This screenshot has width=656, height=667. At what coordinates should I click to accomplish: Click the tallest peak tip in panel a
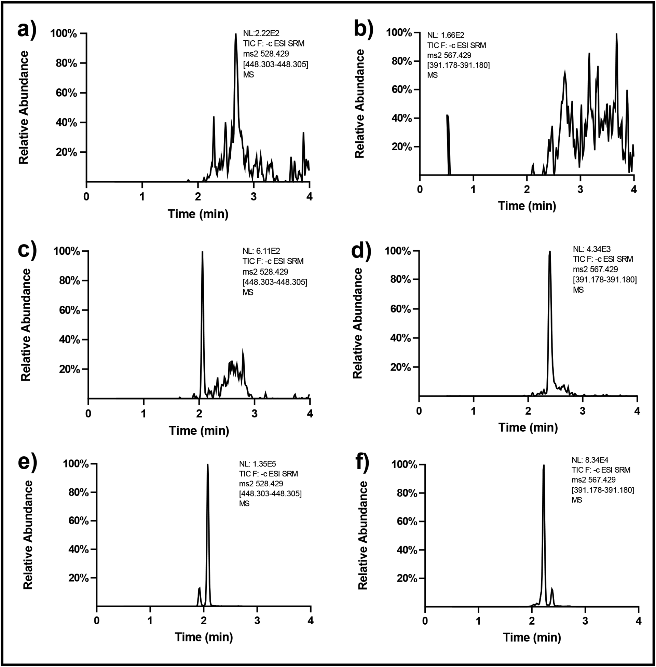(x=236, y=34)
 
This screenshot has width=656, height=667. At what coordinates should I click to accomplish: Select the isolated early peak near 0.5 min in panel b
(x=448, y=117)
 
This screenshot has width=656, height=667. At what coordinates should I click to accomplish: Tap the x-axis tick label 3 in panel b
(x=580, y=189)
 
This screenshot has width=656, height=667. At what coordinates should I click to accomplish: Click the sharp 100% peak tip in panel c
(x=202, y=252)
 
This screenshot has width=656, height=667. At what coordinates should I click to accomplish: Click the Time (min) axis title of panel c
(x=199, y=431)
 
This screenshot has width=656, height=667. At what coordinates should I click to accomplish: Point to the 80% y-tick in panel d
(x=400, y=280)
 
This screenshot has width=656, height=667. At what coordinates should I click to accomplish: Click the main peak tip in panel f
(x=544, y=465)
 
